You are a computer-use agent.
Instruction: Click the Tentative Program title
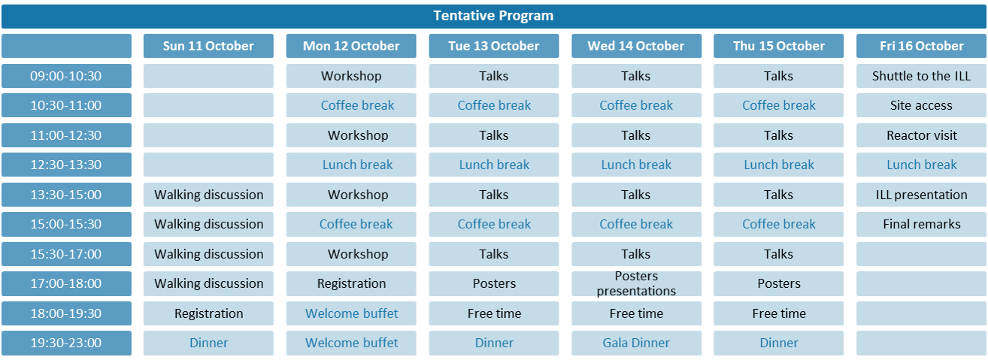pyautogui.click(x=493, y=16)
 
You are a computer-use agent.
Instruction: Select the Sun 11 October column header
pyautogui.click(x=208, y=46)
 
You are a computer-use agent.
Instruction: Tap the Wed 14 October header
pyautogui.click(x=636, y=46)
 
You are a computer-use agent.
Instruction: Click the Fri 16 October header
pyautogui.click(x=921, y=46)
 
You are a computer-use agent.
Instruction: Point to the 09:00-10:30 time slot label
pyautogui.click(x=66, y=76)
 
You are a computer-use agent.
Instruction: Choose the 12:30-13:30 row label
pyautogui.click(x=66, y=165)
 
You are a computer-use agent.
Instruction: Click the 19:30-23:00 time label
pyautogui.click(x=66, y=343)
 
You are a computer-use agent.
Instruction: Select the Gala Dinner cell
pyautogui.click(x=636, y=343)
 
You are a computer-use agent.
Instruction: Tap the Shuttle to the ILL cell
pyautogui.click(x=921, y=76)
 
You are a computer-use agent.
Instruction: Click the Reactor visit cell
pyautogui.click(x=921, y=135)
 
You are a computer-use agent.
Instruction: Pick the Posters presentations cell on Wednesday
pyautogui.click(x=636, y=283)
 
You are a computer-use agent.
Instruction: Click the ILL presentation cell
pyautogui.click(x=921, y=195)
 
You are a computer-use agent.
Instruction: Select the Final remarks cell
pyautogui.click(x=921, y=224)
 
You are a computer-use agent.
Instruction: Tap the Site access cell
pyautogui.click(x=921, y=105)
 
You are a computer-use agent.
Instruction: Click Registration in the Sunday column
pyautogui.click(x=208, y=313)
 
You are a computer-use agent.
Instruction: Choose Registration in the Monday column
pyautogui.click(x=351, y=283)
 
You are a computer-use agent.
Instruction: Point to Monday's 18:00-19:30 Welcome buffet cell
pyautogui.click(x=351, y=313)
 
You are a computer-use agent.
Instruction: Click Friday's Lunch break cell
pyautogui.click(x=921, y=165)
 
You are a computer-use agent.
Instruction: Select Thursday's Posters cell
pyautogui.click(x=778, y=283)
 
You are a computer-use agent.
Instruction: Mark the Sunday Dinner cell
pyautogui.click(x=208, y=343)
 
